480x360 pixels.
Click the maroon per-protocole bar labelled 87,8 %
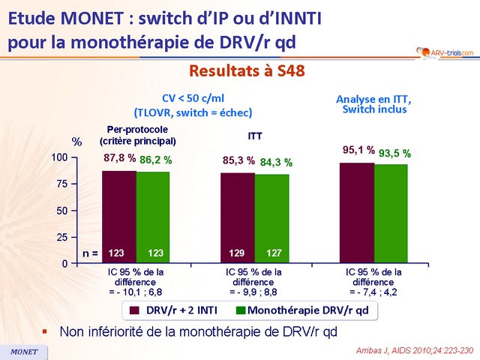[118, 217]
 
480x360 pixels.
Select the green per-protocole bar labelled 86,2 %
[153, 217]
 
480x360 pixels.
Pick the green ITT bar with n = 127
[271, 218]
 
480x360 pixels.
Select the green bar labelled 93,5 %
[391, 213]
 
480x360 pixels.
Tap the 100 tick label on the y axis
[58, 157]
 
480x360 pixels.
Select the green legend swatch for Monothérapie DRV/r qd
[241, 309]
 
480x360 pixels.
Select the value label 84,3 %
[276, 162]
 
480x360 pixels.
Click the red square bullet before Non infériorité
[44, 329]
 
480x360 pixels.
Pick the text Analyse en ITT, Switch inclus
[372, 103]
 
